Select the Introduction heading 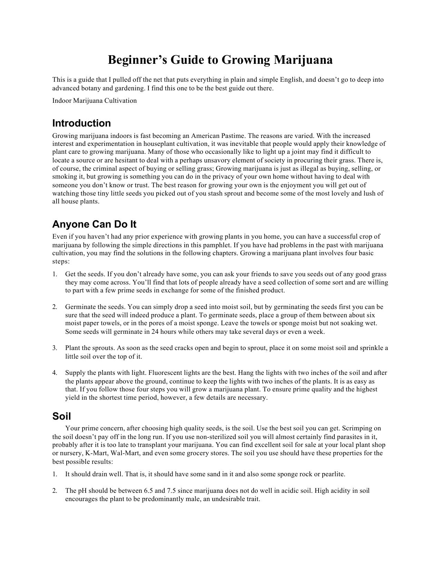[81, 123]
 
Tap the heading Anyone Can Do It [94, 224]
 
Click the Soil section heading [61, 416]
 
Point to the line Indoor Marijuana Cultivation [95, 101]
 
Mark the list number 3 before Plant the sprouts [55, 348]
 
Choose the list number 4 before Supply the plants [55, 373]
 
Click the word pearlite [333, 474]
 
